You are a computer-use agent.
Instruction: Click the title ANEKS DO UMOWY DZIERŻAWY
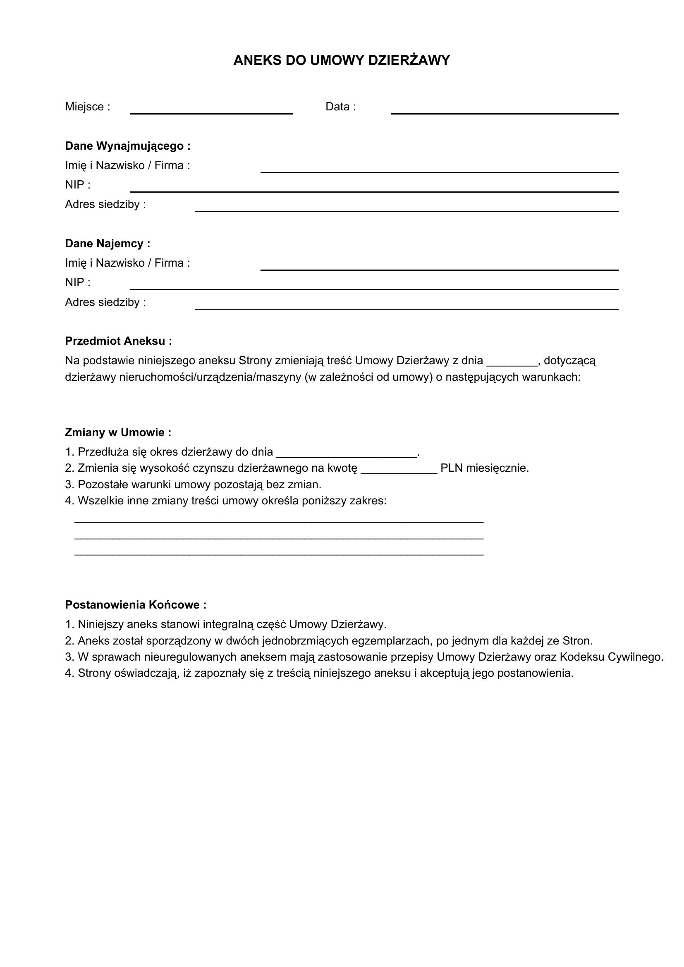(342, 60)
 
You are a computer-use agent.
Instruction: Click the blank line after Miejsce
(211, 110)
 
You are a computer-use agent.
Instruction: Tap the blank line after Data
(504, 110)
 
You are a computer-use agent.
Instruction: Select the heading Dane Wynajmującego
(128, 146)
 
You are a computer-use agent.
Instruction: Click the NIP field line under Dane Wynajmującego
(374, 189)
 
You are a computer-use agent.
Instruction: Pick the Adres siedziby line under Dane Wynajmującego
(407, 208)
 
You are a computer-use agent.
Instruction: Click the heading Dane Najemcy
(108, 244)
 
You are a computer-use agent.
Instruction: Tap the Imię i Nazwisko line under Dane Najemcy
(439, 267)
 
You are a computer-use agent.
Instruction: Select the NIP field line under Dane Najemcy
(374, 286)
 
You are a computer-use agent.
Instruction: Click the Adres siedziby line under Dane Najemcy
(407, 306)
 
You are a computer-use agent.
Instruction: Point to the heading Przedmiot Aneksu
(118, 341)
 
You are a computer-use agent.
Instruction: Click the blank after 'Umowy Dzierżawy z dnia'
(512, 362)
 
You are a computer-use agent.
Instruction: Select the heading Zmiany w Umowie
(118, 432)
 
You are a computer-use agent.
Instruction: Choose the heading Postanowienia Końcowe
(136, 605)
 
